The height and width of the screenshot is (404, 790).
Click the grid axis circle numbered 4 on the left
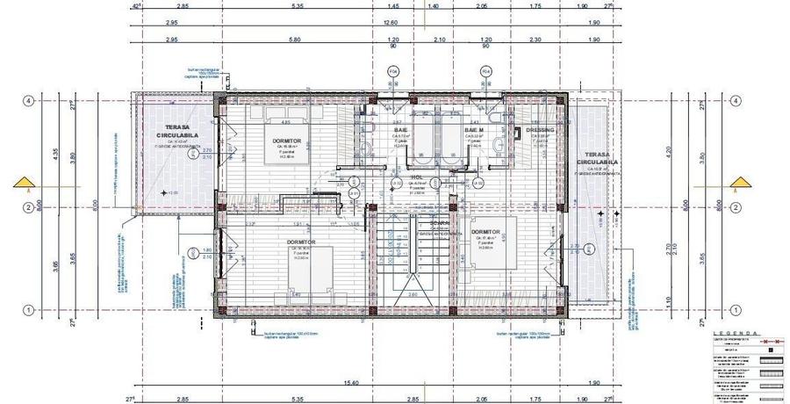(28, 101)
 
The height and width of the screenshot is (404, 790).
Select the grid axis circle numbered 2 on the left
(28, 207)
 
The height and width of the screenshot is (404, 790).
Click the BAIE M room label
(475, 129)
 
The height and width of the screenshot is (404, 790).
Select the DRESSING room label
(541, 130)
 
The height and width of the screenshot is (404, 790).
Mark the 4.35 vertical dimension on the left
(55, 152)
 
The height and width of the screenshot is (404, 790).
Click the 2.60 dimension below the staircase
(412, 295)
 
